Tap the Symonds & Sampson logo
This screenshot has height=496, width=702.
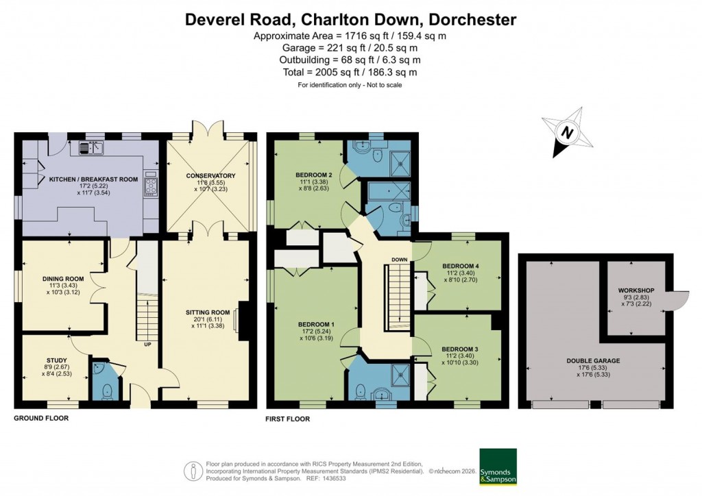(499, 467)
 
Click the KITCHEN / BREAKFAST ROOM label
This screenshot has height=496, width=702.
(93, 179)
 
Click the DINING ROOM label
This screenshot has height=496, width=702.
(62, 279)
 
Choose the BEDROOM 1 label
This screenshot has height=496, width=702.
(316, 324)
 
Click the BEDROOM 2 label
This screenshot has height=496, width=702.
(315, 175)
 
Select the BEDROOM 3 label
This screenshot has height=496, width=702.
(460, 349)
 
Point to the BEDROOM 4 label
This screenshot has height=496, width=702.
(461, 266)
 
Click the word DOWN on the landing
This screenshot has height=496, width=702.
(400, 260)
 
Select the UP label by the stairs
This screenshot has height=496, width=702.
(147, 344)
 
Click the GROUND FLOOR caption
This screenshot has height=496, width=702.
(41, 417)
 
